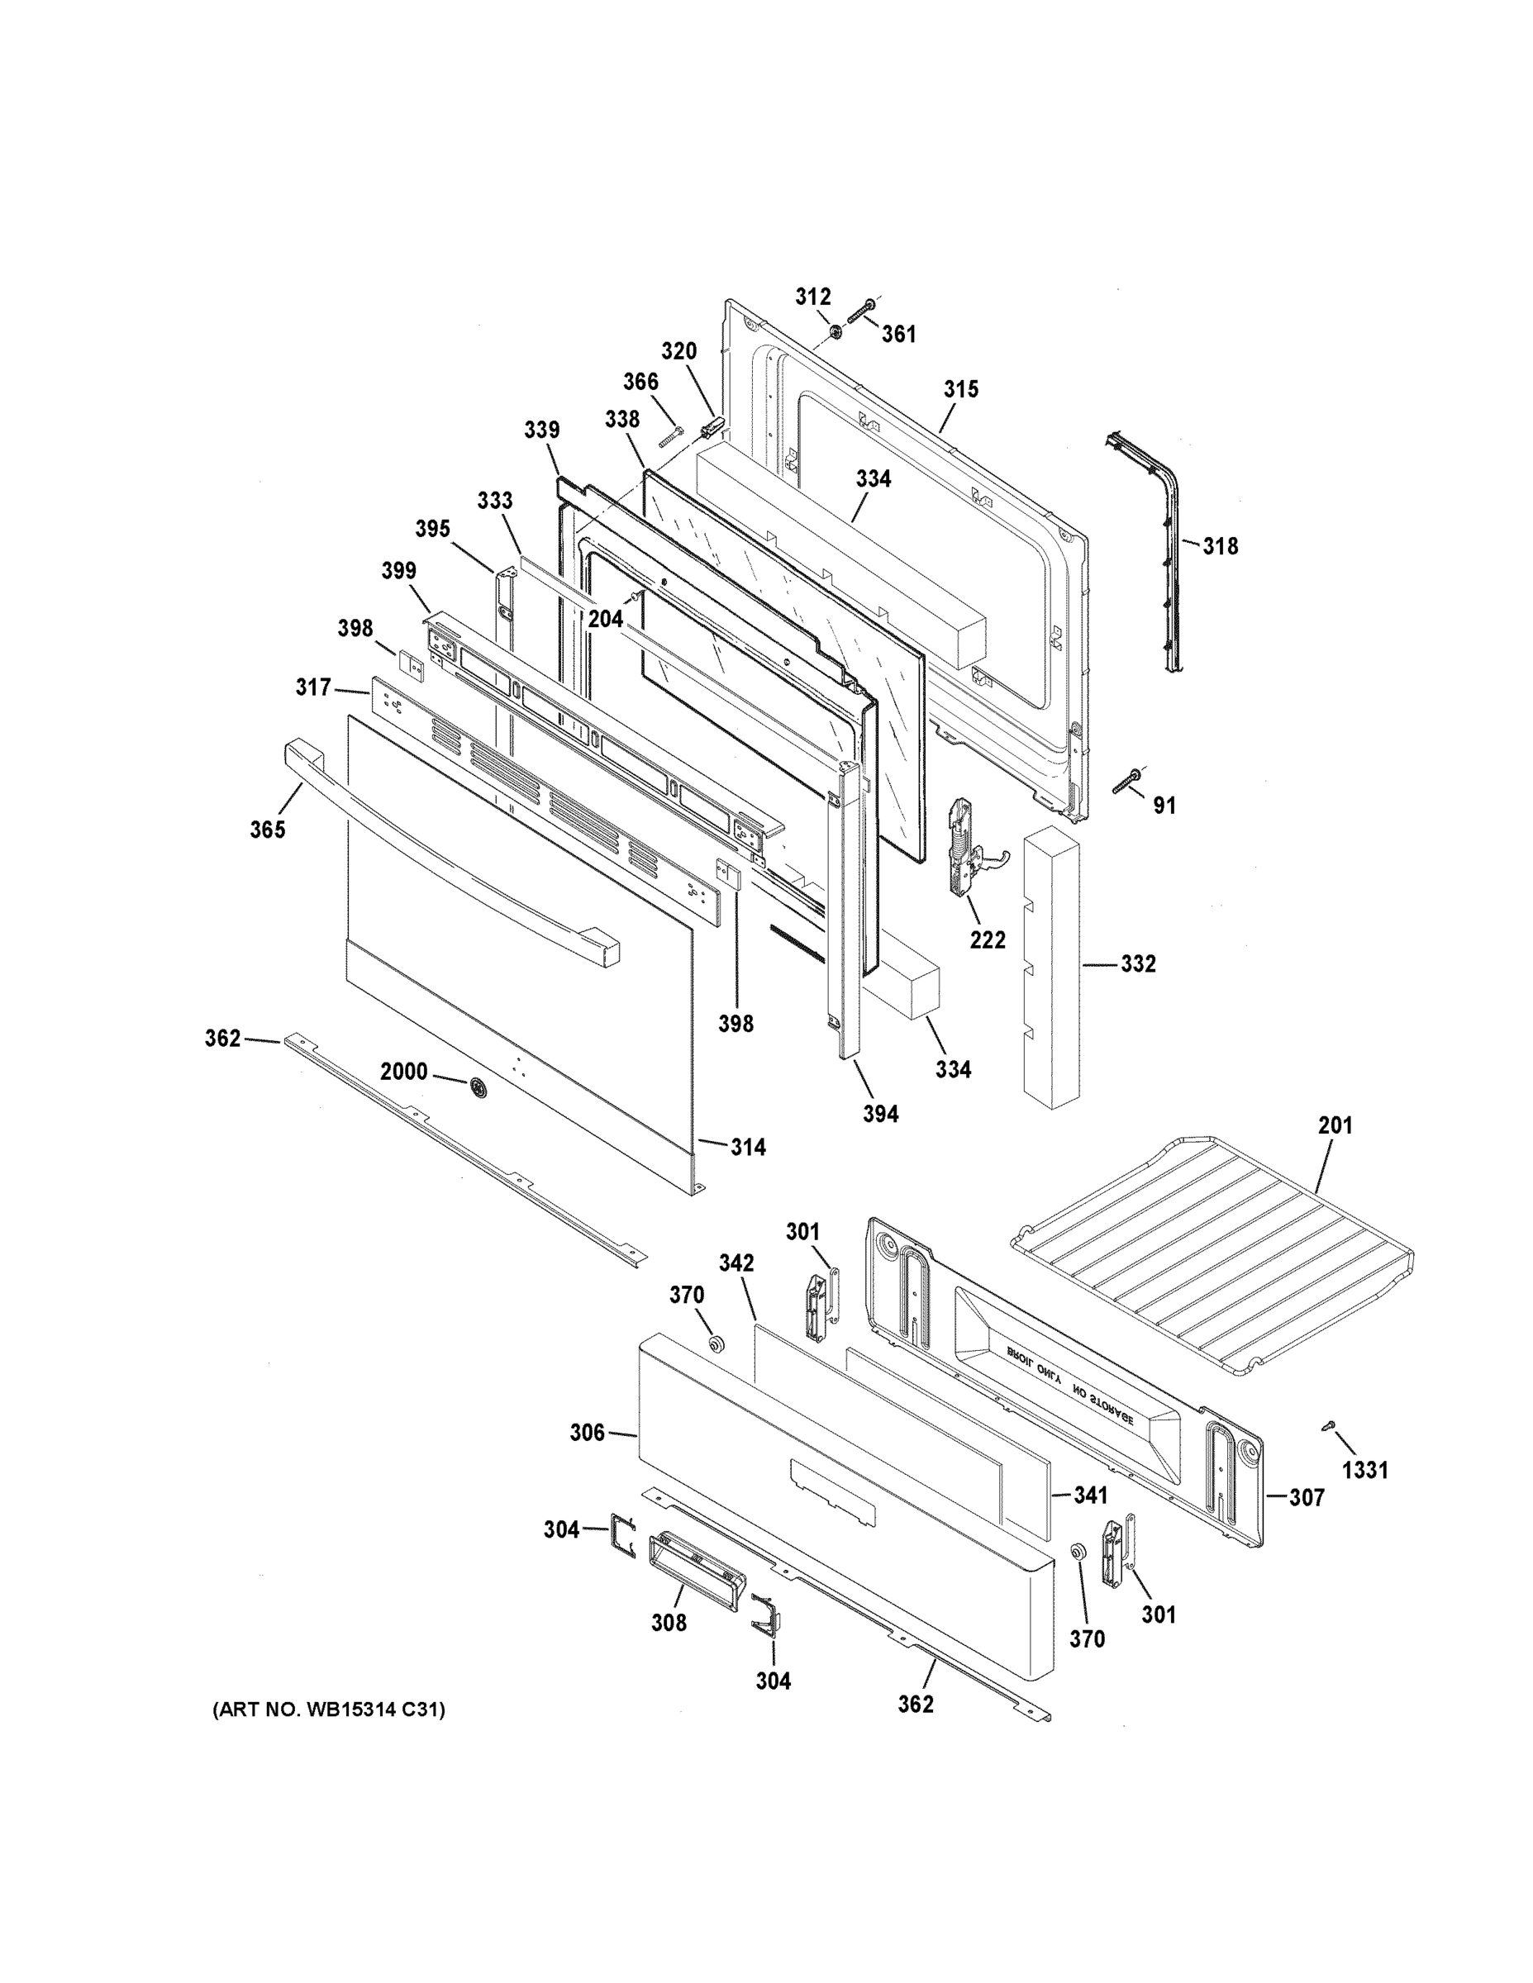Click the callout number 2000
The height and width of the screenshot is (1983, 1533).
pos(403,1072)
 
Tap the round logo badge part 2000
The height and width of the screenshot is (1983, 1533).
pos(477,1087)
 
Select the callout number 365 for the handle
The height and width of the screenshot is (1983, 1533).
pos(268,829)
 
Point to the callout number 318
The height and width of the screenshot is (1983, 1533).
pos(1221,547)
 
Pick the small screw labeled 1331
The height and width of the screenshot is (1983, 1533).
pos(1328,1427)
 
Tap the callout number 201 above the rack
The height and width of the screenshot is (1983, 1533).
pos(1335,1126)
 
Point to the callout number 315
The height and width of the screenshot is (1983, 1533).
pos(961,389)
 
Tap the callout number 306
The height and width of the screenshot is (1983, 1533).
pos(587,1433)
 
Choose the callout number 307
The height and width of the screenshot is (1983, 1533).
pos(1307,1497)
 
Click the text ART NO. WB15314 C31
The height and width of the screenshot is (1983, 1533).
pos(329,1710)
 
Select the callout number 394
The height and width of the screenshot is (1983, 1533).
pos(880,1114)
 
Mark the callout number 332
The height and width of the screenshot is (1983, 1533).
pos(1138,963)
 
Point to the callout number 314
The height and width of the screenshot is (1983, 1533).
pos(749,1148)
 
